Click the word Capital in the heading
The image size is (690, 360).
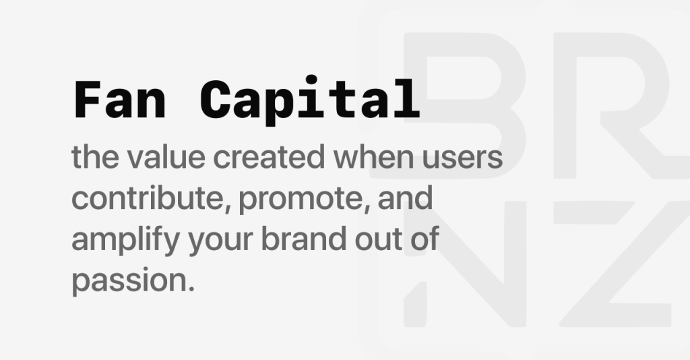pyautogui.click(x=310, y=100)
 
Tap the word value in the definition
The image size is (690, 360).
pyautogui.click(x=166, y=157)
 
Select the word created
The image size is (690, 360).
pyautogui.click(x=269, y=157)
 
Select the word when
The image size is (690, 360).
pyautogui.click(x=373, y=157)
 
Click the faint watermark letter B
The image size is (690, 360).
pyautogui.click(x=465, y=106)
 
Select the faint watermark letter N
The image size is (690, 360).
pyautogui.click(x=465, y=264)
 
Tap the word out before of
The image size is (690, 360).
pyautogui.click(x=377, y=240)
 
